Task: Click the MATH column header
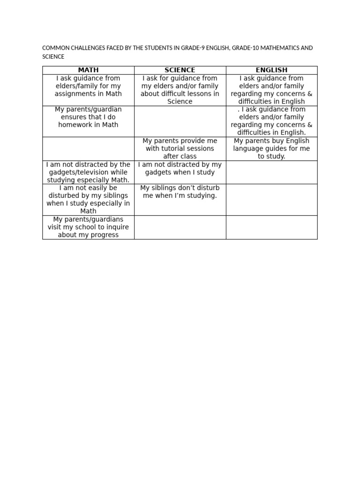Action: coord(88,70)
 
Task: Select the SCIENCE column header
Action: coord(180,70)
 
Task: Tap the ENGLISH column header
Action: coord(271,70)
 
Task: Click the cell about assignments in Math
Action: coord(88,86)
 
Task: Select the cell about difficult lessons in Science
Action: coord(180,90)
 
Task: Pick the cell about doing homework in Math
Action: coord(88,117)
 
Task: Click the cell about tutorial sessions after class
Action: coord(180,149)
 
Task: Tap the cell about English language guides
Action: coord(271,149)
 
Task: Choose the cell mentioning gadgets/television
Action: coord(88,172)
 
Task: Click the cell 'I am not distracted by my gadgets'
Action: coord(180,168)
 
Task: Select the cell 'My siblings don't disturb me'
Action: coord(180,192)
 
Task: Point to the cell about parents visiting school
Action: coord(88,227)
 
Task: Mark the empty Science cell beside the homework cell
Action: coord(180,121)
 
